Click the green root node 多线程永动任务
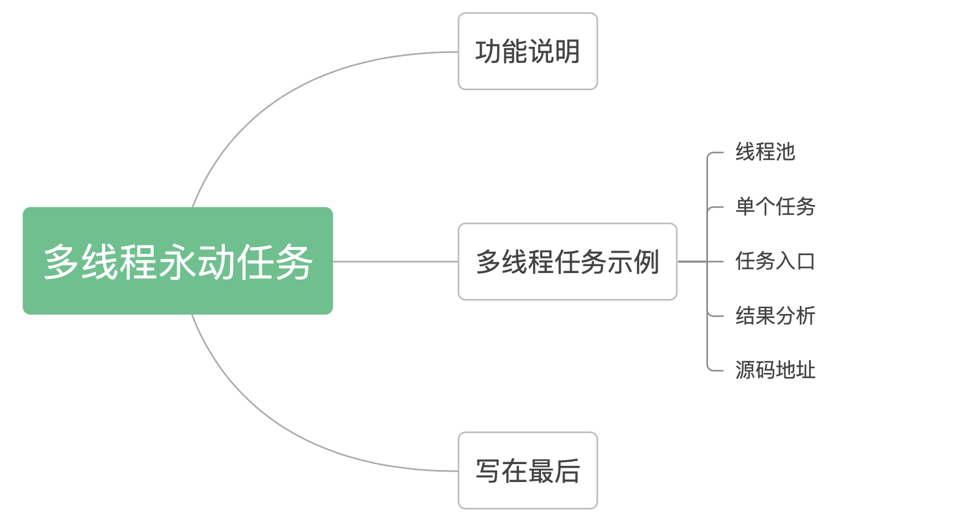click(178, 261)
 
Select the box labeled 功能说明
click(528, 51)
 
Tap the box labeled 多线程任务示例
click(567, 261)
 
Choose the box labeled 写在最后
click(528, 470)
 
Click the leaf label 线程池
click(765, 152)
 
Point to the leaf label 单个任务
click(775, 207)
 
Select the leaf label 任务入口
click(775, 261)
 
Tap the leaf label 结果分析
click(775, 316)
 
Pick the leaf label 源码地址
click(775, 369)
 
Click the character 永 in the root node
click(178, 261)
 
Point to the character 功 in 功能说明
click(488, 51)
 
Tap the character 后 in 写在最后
click(567, 471)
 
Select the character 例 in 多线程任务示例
click(647, 261)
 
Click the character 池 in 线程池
click(785, 152)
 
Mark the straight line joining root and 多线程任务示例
click(396, 261)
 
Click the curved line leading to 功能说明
click(298, 87)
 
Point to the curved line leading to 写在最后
click(298, 435)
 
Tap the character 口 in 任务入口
click(806, 261)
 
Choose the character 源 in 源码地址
click(746, 369)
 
